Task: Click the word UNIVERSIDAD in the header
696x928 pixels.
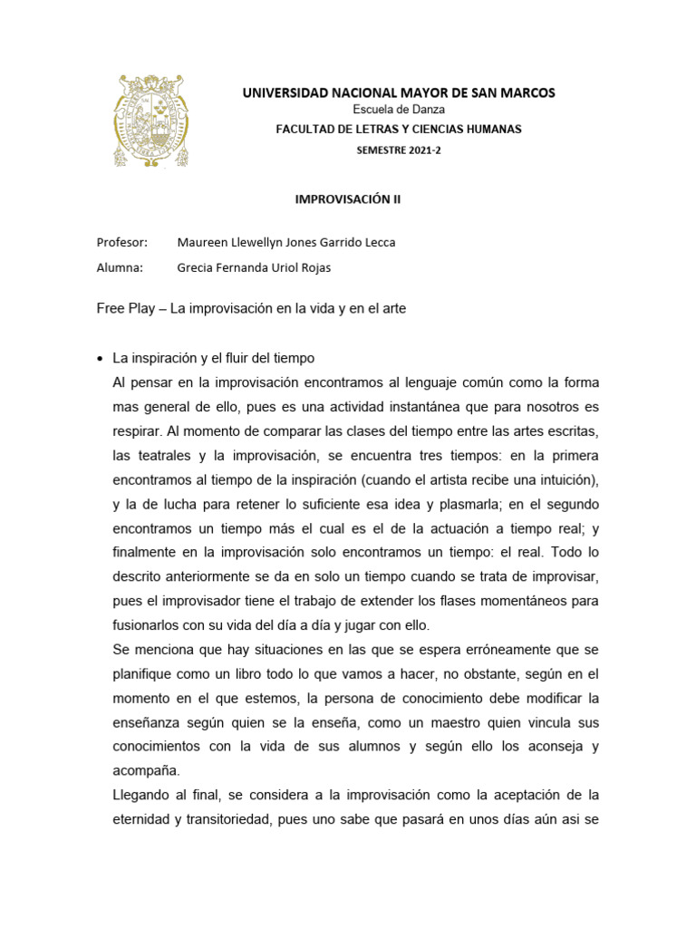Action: click(x=284, y=93)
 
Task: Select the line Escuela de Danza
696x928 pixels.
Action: click(x=398, y=111)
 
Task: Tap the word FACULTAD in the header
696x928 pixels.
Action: click(x=305, y=130)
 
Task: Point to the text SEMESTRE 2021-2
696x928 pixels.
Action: click(x=398, y=150)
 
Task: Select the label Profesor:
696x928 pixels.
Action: click(x=121, y=243)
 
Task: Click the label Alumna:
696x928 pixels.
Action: click(x=120, y=267)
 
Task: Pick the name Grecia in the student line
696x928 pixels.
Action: click(x=197, y=267)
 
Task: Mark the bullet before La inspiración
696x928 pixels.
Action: click(x=100, y=358)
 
